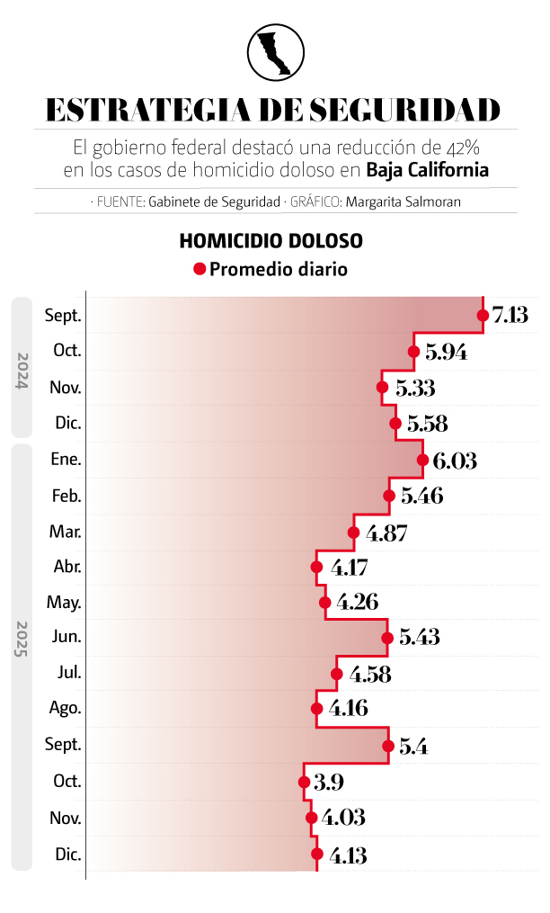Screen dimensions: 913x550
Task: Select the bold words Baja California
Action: pyautogui.click(x=428, y=169)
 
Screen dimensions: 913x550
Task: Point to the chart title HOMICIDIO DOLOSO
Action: pyautogui.click(x=271, y=241)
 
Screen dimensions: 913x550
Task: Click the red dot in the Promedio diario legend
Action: pyautogui.click(x=200, y=269)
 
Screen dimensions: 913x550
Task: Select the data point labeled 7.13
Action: pyautogui.click(x=483, y=315)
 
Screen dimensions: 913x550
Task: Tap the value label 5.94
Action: pyautogui.click(x=446, y=352)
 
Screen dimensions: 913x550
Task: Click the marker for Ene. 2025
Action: pyautogui.click(x=422, y=460)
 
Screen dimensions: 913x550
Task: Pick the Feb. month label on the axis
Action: pyautogui.click(x=66, y=496)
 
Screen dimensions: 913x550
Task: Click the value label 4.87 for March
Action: pyautogui.click(x=386, y=533)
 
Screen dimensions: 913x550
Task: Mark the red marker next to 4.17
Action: pyautogui.click(x=316, y=567)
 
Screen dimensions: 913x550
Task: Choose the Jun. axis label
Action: pyautogui.click(x=67, y=637)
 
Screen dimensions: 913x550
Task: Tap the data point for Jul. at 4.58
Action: pyautogui.click(x=337, y=674)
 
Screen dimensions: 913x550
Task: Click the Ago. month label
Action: pyautogui.click(x=66, y=708)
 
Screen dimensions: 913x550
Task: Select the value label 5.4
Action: pyautogui.click(x=412, y=746)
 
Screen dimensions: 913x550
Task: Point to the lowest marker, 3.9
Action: pyautogui.click(x=304, y=781)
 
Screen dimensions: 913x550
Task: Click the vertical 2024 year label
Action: pyautogui.click(x=22, y=368)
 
